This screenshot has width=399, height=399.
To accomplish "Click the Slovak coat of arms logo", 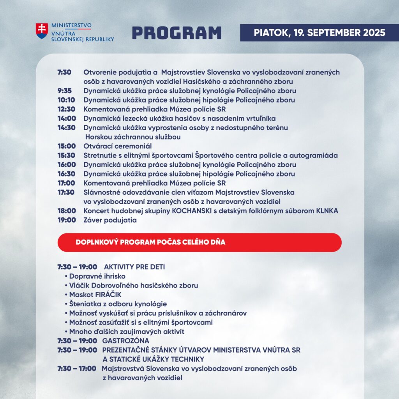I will pyautogui.click(x=42, y=31).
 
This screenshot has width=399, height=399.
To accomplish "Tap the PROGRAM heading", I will pyautogui.click(x=177, y=33).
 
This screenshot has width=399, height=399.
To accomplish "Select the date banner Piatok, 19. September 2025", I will pyautogui.click(x=320, y=32).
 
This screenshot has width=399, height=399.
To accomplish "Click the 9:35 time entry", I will pyautogui.click(x=64, y=91).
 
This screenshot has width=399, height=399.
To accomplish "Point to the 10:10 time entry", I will pyautogui.click(x=66, y=100).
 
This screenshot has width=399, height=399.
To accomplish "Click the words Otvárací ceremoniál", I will pyautogui.click(x=117, y=146).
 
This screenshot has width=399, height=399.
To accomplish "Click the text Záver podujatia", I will pyautogui.click(x=110, y=220).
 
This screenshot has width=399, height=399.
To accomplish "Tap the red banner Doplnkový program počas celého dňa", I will pyautogui.click(x=199, y=242).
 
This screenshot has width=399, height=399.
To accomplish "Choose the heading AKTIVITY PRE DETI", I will pyautogui.click(x=134, y=267).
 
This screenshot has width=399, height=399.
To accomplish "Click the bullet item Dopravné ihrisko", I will pyautogui.click(x=97, y=276).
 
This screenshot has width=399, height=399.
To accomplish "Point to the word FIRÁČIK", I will pyautogui.click(x=97, y=295).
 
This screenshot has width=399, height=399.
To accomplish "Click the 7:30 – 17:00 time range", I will pyautogui.click(x=77, y=368).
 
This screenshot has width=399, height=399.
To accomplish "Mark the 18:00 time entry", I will pyautogui.click(x=66, y=211).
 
